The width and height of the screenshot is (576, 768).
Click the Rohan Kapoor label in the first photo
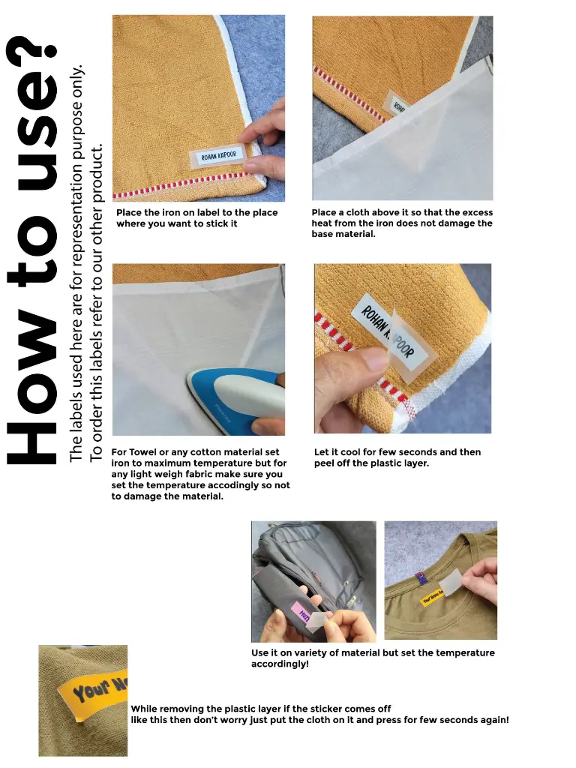tap(218, 157)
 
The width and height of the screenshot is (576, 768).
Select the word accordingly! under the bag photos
tap(280, 664)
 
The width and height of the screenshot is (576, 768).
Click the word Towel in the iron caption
tap(142, 452)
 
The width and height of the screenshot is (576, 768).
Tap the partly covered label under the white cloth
tap(397, 103)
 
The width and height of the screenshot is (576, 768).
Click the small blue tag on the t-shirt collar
tap(419, 578)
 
